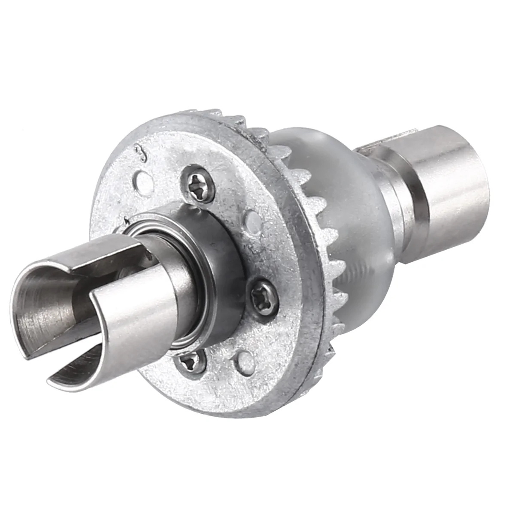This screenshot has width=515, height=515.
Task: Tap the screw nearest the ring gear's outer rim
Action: tap(263, 295)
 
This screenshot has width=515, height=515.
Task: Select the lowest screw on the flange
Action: tap(191, 364)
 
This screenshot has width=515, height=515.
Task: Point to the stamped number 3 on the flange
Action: tap(138, 153)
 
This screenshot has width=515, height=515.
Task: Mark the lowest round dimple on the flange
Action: tap(245, 360)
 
